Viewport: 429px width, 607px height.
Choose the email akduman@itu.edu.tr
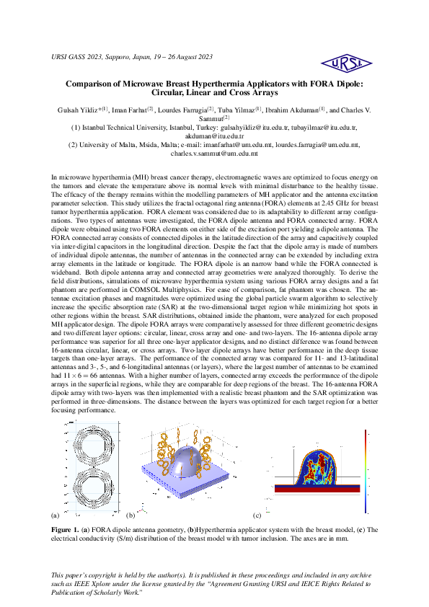(214, 136)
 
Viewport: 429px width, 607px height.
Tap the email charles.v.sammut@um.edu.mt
(214, 153)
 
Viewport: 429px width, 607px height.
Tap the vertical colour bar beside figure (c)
(366, 473)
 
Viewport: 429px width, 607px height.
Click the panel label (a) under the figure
(56, 515)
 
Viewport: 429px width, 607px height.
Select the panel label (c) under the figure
(257, 515)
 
